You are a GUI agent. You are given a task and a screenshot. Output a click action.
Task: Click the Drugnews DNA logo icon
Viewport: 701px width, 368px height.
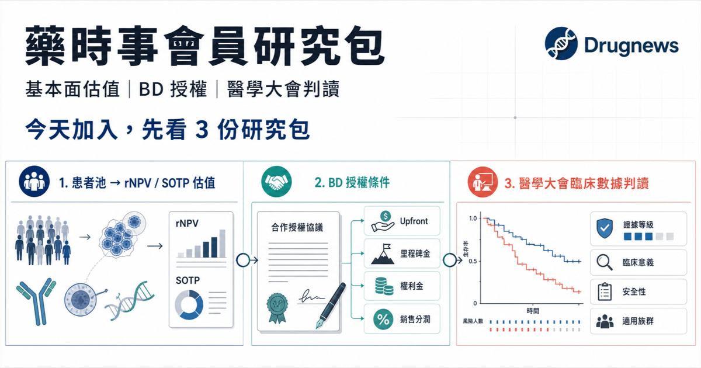(561, 43)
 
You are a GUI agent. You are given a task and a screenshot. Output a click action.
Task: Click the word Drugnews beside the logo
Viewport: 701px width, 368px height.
(631, 46)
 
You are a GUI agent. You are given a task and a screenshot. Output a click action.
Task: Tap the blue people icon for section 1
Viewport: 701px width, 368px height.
(34, 181)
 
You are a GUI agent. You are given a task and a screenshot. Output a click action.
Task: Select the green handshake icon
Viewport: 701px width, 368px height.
(276, 182)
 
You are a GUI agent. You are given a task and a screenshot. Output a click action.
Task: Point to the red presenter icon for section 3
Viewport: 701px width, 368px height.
(483, 182)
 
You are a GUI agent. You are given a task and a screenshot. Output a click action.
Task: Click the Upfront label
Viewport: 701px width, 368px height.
(414, 221)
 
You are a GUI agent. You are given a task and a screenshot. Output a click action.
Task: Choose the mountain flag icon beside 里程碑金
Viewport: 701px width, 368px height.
(383, 254)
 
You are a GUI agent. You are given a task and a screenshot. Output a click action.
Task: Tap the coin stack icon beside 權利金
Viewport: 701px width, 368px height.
(384, 286)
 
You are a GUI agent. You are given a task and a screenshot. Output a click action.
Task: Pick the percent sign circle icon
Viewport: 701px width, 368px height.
(383, 319)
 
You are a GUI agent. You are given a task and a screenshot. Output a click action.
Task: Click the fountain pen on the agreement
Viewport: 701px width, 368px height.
(331, 305)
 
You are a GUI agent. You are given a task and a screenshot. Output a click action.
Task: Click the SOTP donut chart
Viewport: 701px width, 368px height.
(189, 305)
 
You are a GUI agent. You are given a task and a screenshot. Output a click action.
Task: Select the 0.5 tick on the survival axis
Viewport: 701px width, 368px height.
(473, 261)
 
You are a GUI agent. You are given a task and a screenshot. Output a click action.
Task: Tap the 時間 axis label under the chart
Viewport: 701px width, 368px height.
(533, 311)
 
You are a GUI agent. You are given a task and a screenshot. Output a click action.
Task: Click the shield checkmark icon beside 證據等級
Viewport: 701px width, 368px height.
(605, 228)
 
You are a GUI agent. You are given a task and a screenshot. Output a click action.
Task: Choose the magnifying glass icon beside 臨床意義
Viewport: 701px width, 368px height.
(604, 262)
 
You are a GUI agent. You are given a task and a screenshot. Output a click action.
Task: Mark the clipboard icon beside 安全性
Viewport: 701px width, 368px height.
(605, 291)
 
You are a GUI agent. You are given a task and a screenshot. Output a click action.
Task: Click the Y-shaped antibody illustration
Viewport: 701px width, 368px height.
(37, 301)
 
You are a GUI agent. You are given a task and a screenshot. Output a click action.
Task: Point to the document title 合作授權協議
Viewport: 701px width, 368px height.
(297, 227)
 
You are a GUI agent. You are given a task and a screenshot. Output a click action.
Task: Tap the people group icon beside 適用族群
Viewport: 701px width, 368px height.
(605, 321)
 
